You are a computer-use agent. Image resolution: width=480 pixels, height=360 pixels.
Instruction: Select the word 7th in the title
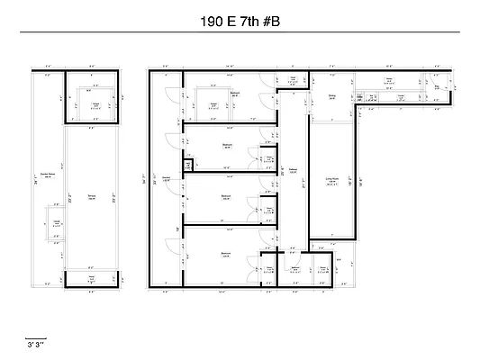246,18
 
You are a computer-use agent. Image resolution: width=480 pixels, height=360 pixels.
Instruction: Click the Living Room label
331,180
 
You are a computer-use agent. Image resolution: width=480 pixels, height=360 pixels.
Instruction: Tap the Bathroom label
294,267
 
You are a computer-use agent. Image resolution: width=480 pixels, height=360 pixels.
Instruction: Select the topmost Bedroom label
234,94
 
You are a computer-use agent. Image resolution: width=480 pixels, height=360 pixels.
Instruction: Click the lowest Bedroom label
225,255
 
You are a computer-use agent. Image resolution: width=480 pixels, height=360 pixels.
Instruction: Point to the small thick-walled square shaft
189,165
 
